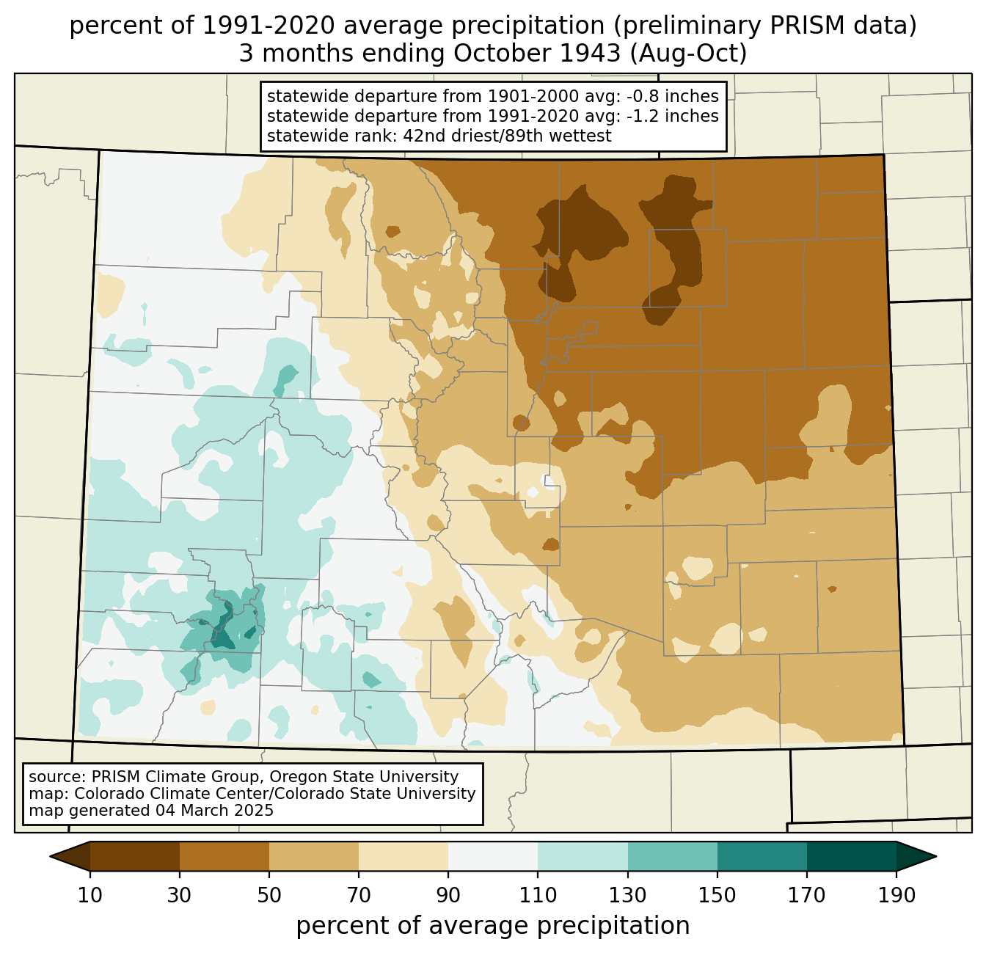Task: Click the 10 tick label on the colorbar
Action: click(90, 895)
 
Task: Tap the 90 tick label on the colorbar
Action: click(448, 895)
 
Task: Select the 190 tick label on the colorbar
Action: click(896, 895)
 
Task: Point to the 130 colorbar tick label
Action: click(627, 895)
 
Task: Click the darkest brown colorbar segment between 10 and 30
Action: click(135, 856)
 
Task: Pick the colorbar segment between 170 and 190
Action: click(851, 856)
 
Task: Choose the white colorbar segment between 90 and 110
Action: click(493, 856)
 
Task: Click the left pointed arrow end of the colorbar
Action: click(70, 856)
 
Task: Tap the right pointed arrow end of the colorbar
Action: click(916, 856)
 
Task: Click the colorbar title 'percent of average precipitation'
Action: click(492, 925)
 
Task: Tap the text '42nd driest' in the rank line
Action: click(446, 136)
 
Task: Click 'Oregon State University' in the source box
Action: click(364, 777)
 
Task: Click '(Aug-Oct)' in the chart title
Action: click(688, 54)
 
